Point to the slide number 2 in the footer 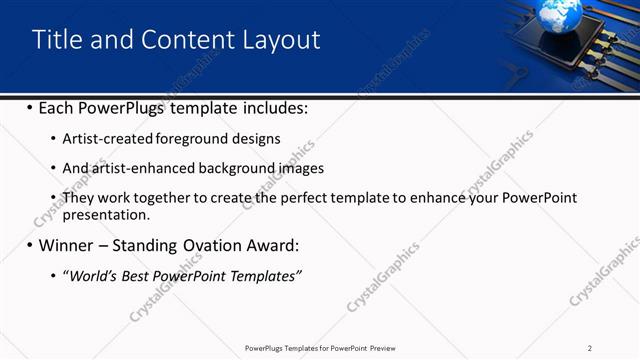click(590, 347)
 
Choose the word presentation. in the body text click(105, 214)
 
